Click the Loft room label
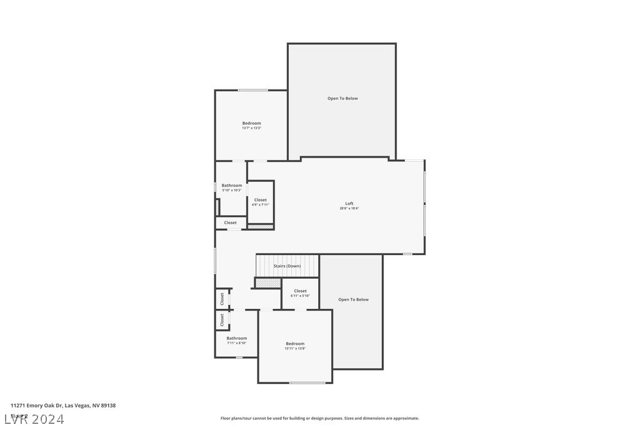pos(349,203)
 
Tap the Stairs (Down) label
pos(287,266)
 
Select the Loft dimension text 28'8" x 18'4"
pos(349,208)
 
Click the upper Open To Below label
pos(342,98)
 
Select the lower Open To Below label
pos(353,299)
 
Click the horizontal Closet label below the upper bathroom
pos(231,223)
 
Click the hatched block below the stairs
pos(268,283)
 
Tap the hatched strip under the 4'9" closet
pos(261,226)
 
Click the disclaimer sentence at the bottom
pos(319,418)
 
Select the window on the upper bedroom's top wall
pos(252,91)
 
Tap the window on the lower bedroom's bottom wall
pos(307,383)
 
